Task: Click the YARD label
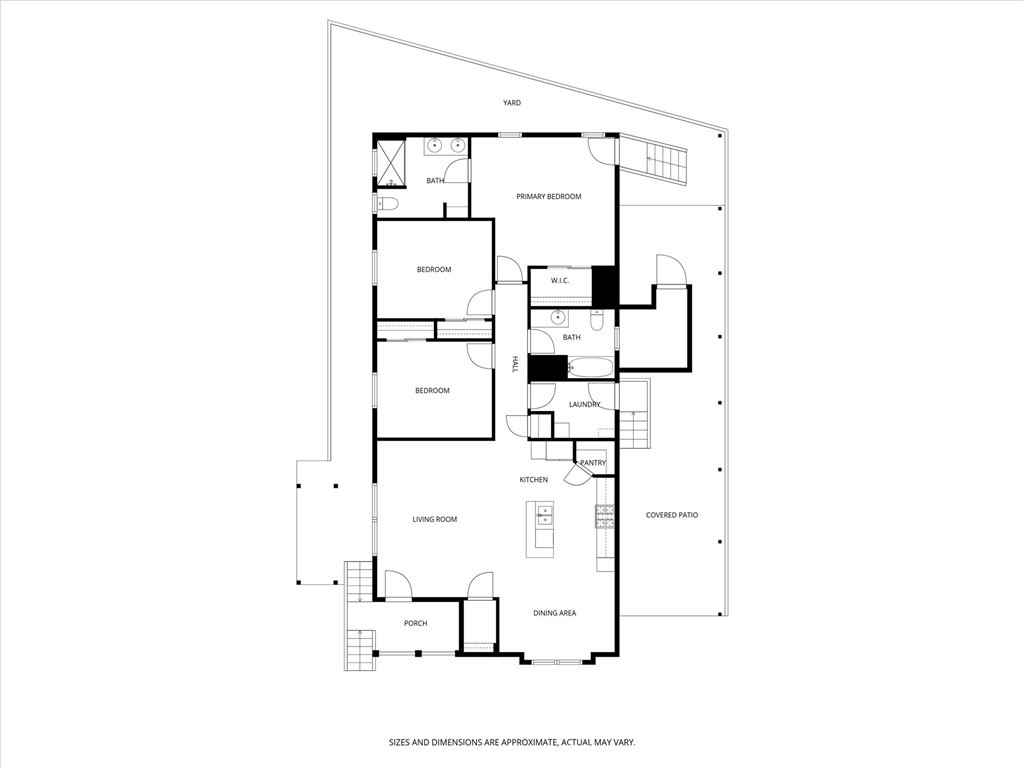coord(512,103)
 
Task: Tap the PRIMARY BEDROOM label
coord(548,197)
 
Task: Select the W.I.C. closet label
coord(560,280)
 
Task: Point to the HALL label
coord(515,365)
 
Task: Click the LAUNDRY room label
coord(584,405)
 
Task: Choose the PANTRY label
coord(593,463)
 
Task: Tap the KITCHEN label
coord(533,480)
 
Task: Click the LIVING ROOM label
coord(435,519)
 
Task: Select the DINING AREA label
coord(554,613)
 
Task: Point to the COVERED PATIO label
coord(672,515)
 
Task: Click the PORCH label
coord(415,623)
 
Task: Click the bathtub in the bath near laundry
coord(590,368)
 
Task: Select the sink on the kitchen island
coord(545,516)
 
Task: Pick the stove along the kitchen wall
coord(605,516)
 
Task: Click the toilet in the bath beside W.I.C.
coord(597,320)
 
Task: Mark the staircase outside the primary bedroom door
coord(667,162)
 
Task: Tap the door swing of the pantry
coord(577,476)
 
